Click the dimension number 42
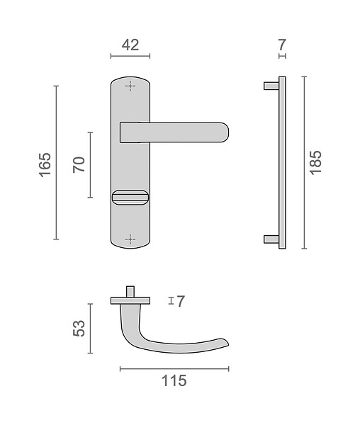point(130,45)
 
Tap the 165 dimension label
point(45,165)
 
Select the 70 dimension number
point(79,165)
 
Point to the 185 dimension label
point(315,163)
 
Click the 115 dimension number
point(174,380)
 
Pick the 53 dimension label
point(79,328)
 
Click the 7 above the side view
point(282,45)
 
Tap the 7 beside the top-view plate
point(180,301)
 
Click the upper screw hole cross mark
point(130,86)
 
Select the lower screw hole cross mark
point(130,239)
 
